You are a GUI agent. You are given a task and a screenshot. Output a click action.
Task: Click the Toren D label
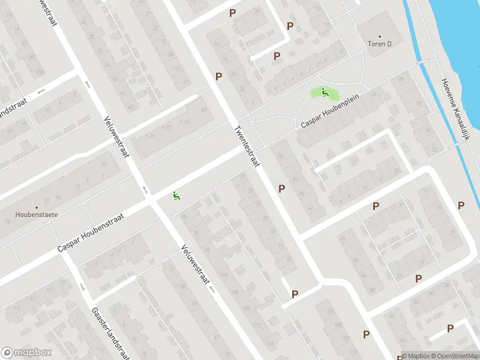[379, 44]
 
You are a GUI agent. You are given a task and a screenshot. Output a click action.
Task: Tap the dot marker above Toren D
[379, 36]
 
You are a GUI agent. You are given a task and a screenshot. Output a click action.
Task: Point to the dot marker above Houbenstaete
[36, 206]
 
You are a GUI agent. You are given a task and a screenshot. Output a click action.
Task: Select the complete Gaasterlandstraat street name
[110, 333]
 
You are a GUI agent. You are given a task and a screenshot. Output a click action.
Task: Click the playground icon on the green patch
[325, 92]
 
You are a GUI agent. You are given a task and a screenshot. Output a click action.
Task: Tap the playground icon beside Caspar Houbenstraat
[176, 196]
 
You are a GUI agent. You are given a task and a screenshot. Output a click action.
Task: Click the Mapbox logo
[26, 353]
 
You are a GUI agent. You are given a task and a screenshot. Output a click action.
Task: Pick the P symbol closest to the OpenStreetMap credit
[450, 328]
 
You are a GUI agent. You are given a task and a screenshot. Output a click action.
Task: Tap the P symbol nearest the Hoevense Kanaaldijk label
[461, 205]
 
